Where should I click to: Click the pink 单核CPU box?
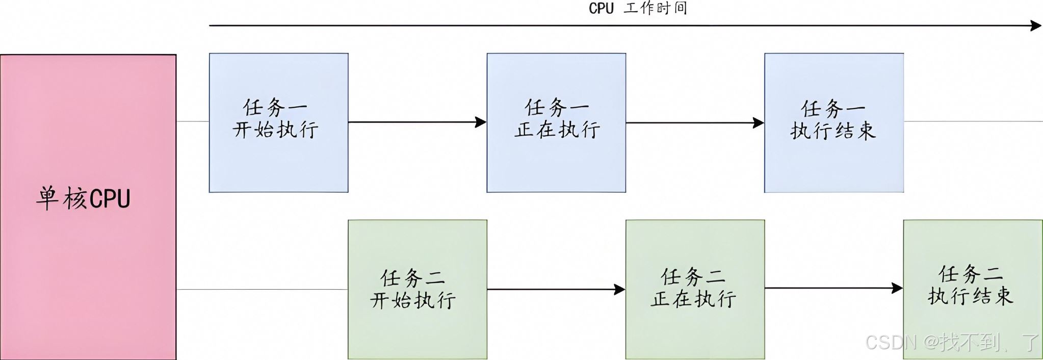[88, 207]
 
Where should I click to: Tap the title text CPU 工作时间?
[638, 8]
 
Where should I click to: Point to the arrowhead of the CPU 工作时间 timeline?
[1036, 25]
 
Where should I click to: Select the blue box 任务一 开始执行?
[279, 123]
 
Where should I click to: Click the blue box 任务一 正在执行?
[556, 123]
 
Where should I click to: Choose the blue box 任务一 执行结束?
[834, 123]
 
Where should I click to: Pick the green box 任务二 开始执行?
[418, 290]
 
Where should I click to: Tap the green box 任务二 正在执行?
[695, 290]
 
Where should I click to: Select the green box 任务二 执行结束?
[973, 290]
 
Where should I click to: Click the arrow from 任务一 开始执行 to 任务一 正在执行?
[418, 122]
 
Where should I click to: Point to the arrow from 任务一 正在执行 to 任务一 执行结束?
[695, 122]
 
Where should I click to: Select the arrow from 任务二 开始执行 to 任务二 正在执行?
[557, 290]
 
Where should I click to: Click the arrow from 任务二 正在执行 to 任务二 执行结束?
[834, 288]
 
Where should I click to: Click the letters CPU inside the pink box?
[110, 199]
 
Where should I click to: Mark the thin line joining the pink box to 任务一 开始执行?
[193, 121]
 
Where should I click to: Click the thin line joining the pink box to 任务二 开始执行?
[263, 290]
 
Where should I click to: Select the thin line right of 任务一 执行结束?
[973, 121]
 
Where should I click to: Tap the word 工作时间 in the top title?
[656, 8]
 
